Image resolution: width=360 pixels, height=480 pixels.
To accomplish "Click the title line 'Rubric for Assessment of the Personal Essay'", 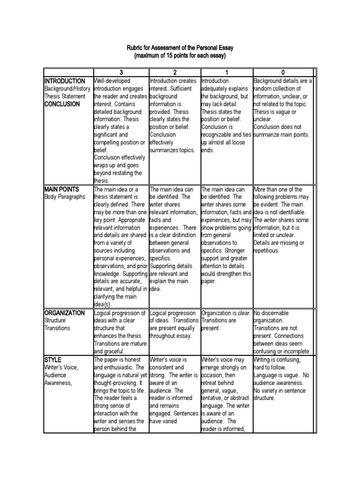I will (180, 48).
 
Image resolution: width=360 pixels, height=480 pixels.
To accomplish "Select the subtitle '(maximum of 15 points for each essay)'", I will (180, 56).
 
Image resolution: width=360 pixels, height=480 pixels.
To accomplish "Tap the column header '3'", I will (121, 73).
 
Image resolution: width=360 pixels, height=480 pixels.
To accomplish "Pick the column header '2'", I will (174, 73).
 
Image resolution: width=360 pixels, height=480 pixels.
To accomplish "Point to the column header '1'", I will (226, 73).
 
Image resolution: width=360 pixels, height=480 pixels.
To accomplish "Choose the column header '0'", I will (282, 73).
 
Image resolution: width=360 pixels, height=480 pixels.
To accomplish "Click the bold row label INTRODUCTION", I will (65, 81).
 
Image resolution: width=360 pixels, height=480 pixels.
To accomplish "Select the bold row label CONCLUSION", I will (62, 104).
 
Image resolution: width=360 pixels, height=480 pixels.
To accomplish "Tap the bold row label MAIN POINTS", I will (61, 189).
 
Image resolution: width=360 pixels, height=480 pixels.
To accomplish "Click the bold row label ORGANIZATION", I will (65, 313).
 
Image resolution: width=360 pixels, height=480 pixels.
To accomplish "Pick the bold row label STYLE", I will (53, 360).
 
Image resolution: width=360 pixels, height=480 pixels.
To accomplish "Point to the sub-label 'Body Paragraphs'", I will (65, 197).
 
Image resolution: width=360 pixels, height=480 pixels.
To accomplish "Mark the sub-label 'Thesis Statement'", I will (65, 97).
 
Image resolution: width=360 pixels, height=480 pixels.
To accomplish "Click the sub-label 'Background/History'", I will (68, 89).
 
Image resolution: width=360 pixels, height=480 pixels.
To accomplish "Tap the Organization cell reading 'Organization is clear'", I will (226, 313).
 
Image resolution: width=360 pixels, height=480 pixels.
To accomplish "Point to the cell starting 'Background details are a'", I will (283, 81).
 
